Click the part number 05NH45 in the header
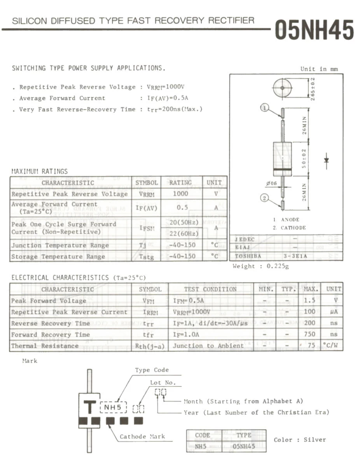[x=314, y=30]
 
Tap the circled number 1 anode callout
[x=265, y=108]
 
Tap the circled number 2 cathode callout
[x=265, y=198]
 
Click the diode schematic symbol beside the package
[x=326, y=161]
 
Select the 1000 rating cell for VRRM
[x=180, y=193]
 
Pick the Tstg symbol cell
[x=147, y=256]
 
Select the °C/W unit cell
[x=332, y=345]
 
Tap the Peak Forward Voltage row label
[x=49, y=300]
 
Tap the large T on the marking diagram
[x=90, y=407]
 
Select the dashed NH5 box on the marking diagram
[x=114, y=407]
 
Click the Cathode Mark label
[x=142, y=437]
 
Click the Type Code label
[x=152, y=370]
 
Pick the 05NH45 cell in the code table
[x=244, y=446]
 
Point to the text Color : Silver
[x=300, y=440]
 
